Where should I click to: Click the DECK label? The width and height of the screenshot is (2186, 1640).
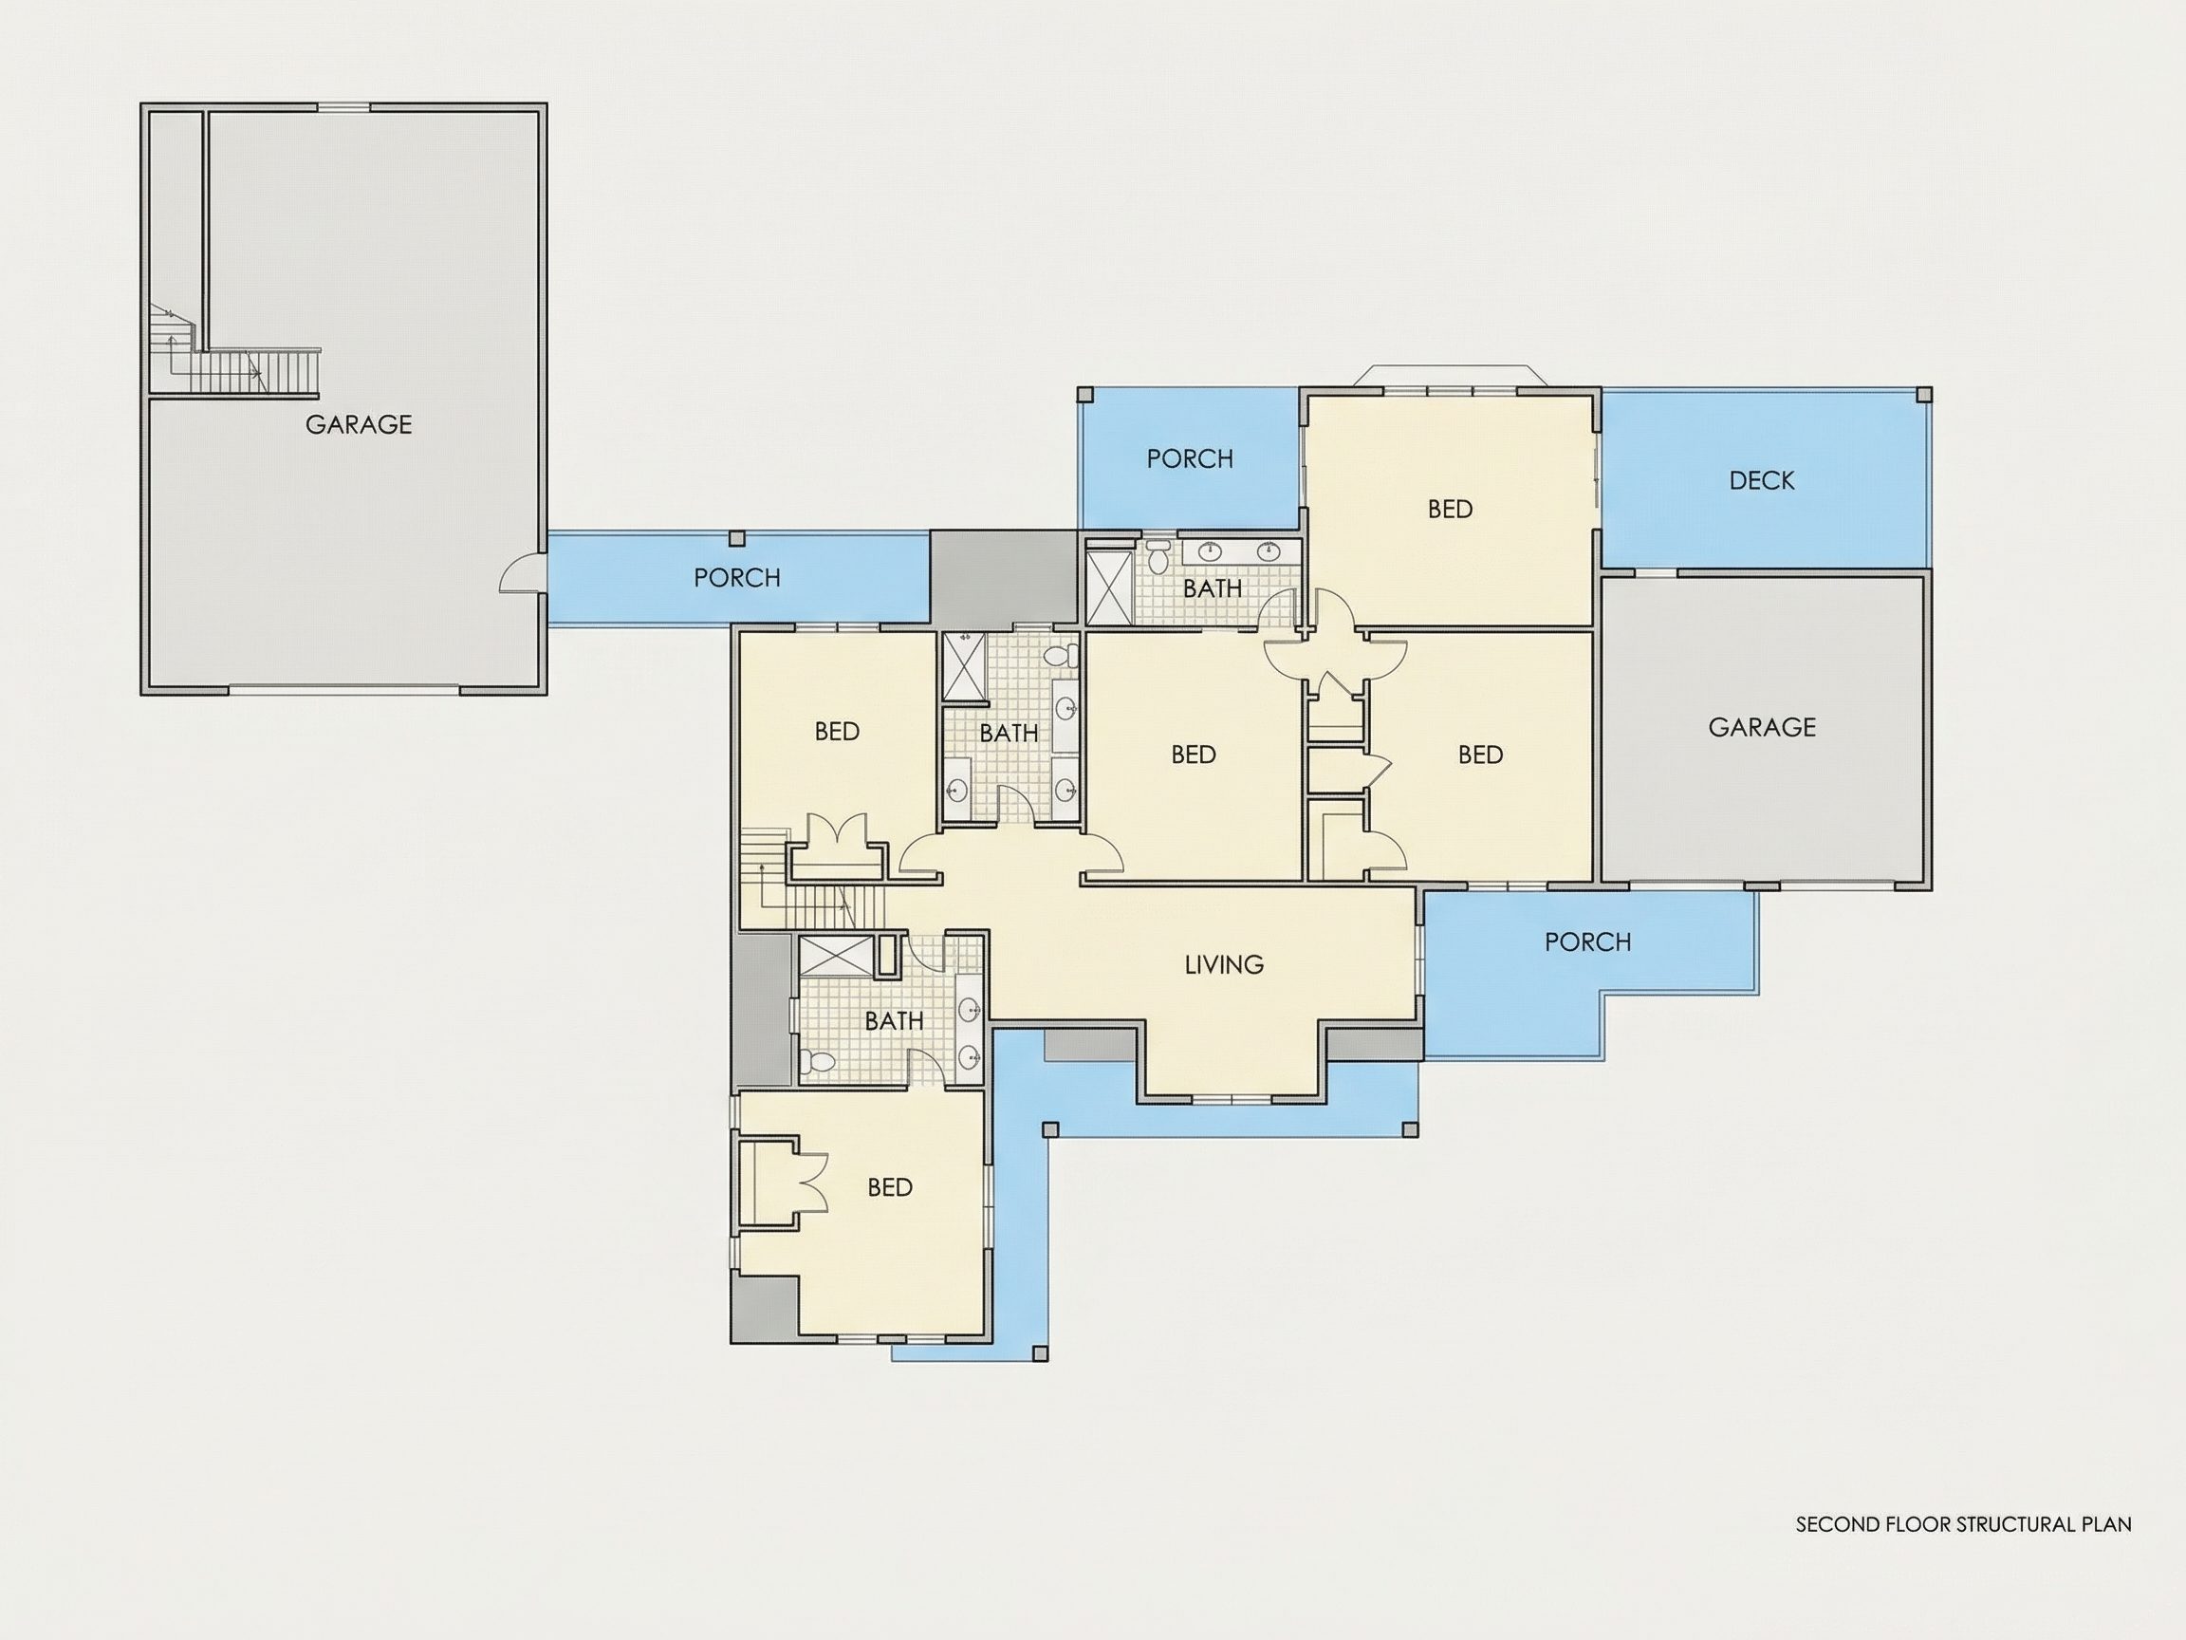(1762, 480)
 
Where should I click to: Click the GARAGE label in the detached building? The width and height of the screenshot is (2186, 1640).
(358, 424)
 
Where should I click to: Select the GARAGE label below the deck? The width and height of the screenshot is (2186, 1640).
(1762, 728)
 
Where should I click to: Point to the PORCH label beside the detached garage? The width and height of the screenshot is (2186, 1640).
(736, 577)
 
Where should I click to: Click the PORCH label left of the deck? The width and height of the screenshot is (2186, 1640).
(1190, 458)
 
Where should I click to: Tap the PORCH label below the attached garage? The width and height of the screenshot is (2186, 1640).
(1587, 942)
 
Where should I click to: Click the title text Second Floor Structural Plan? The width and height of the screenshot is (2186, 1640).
(1963, 1524)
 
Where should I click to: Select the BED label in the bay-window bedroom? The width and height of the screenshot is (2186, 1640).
(1450, 509)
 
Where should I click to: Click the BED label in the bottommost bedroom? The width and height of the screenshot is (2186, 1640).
(889, 1187)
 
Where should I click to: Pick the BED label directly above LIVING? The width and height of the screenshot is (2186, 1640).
(1193, 755)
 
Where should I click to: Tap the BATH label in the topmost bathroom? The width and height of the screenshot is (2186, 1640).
(1213, 588)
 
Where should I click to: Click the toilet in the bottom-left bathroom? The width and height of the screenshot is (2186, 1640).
(818, 1063)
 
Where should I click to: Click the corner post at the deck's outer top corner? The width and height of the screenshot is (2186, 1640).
(1923, 395)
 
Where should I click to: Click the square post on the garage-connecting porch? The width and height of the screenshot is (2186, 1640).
(736, 538)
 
